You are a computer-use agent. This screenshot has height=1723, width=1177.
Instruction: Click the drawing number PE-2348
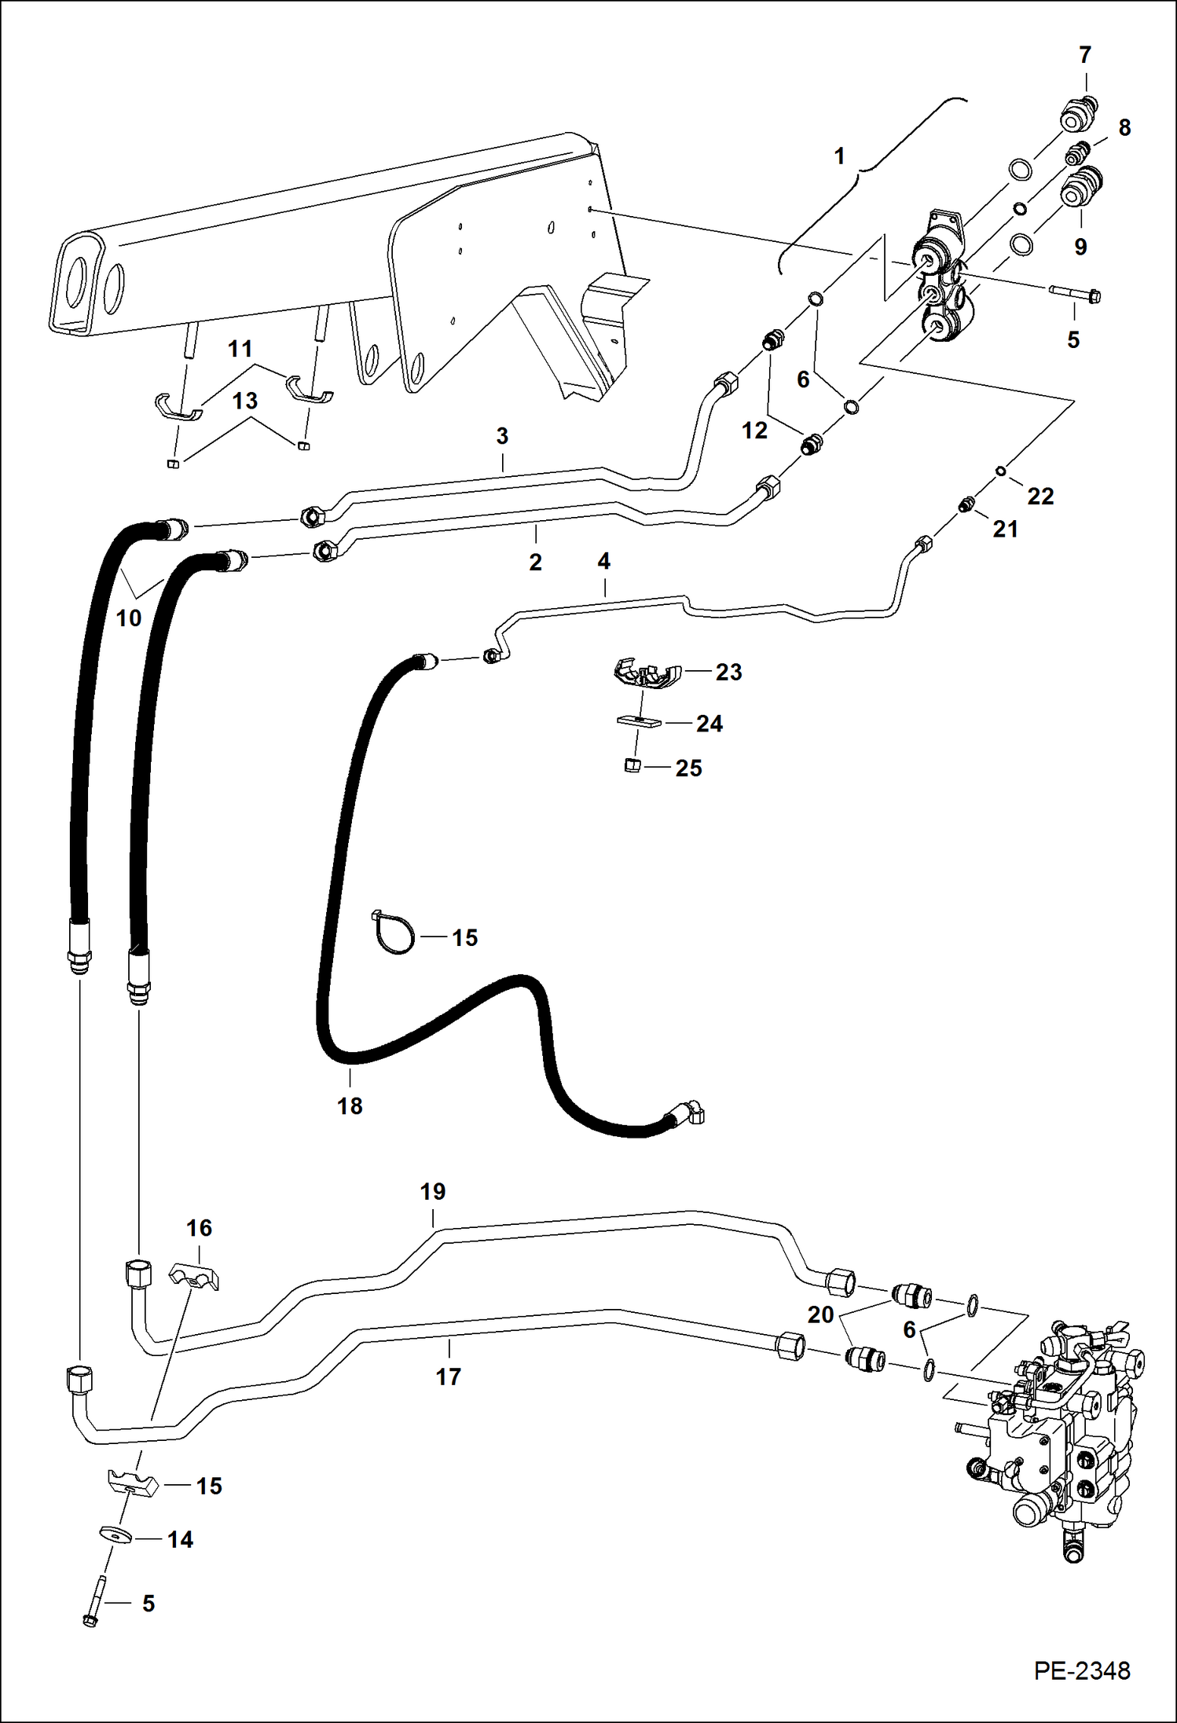1081,1670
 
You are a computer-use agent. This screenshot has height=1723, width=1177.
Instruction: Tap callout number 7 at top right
1085,56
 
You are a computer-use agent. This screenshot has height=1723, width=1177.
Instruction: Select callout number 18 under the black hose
350,1105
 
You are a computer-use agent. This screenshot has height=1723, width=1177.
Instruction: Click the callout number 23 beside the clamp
728,672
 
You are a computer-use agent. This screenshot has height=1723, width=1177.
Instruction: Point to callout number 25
688,768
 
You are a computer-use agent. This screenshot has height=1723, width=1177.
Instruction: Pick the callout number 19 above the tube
432,1192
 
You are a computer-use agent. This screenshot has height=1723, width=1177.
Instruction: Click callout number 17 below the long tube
448,1376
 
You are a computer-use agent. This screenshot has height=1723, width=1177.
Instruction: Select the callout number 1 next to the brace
839,156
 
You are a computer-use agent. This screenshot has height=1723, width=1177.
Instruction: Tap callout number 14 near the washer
180,1539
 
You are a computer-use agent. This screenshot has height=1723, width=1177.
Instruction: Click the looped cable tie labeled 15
391,932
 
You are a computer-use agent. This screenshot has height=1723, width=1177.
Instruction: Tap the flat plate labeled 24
639,721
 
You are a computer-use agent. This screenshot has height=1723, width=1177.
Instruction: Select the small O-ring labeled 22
1001,471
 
